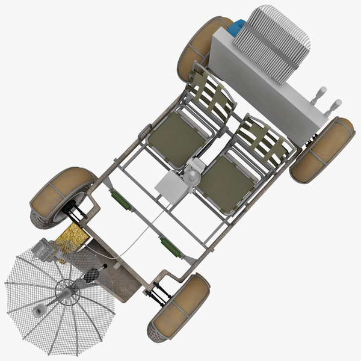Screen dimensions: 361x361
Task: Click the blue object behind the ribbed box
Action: coord(236,28)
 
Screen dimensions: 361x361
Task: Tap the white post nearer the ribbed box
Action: coord(321,94)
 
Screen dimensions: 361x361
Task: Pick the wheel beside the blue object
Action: coord(202,48)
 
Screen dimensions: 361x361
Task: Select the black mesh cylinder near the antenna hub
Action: coord(91,275)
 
